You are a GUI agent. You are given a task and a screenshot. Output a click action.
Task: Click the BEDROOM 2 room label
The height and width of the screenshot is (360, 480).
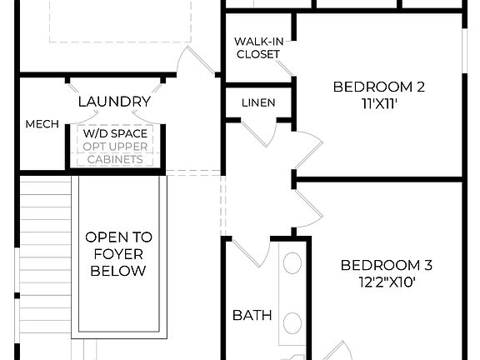click(373, 86)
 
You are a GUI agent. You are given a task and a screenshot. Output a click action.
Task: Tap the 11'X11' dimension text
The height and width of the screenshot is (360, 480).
click(373, 104)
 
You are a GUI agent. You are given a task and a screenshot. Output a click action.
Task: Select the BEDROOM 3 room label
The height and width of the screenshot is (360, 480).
click(386, 265)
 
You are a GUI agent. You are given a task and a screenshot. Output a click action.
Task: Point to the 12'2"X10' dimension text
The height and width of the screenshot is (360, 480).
click(386, 282)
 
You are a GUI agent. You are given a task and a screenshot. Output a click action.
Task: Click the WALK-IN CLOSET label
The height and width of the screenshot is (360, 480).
click(257, 47)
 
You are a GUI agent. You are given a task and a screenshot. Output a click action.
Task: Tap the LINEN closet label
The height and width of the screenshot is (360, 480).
click(257, 102)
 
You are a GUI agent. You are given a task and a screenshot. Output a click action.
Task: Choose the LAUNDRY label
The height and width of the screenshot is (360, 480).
click(114, 102)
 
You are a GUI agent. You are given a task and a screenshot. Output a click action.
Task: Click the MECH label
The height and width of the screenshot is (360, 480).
click(42, 124)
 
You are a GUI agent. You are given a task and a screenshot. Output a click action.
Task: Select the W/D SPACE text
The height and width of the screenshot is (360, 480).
click(115, 133)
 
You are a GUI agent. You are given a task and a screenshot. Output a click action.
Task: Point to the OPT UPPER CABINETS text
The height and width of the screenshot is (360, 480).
click(115, 152)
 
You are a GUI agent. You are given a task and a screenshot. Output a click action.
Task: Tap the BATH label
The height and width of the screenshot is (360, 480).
click(252, 315)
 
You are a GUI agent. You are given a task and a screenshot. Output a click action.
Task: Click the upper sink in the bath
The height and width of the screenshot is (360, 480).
click(292, 264)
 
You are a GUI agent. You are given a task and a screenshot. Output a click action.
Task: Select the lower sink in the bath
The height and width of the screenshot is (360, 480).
click(292, 322)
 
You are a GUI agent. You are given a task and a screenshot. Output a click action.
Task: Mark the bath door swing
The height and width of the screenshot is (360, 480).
click(249, 247)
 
